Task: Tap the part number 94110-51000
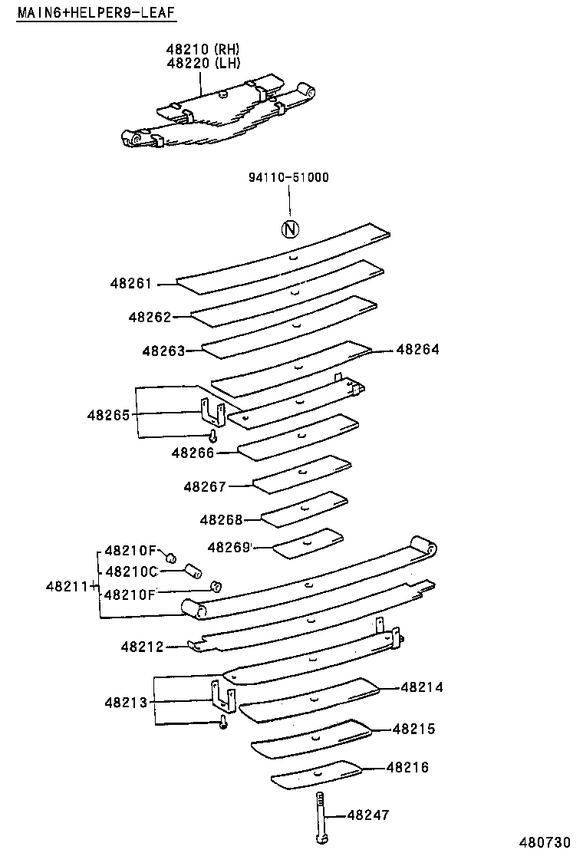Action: coord(288,177)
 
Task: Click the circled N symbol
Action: coord(290,229)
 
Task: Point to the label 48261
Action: coord(132,284)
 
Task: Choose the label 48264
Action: coord(417,349)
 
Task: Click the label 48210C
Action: coord(130,571)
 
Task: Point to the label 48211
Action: coord(69,587)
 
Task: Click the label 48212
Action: coord(143,647)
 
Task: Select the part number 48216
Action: coord(407,767)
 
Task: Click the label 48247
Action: coord(368,815)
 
